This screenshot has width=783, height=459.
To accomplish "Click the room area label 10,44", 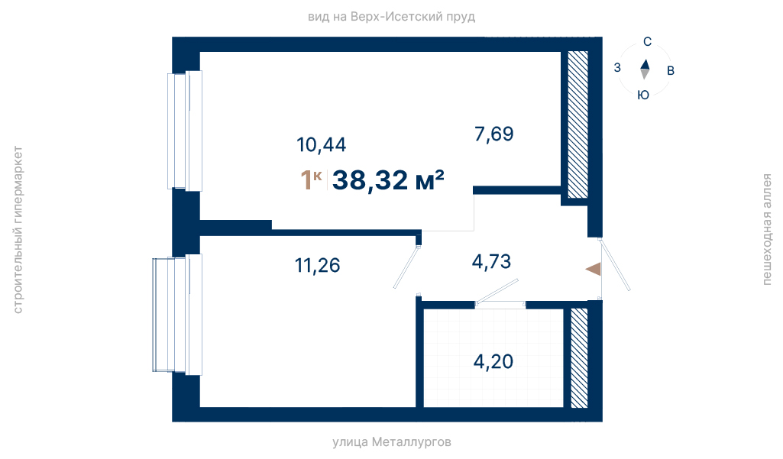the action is tap(321, 145).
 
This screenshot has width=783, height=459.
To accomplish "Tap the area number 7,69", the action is tap(494, 134).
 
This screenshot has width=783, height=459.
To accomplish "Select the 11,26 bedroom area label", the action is tap(318, 265).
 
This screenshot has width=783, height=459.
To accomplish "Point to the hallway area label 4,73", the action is tap(491, 261).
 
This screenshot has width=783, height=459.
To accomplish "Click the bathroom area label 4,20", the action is tap(493, 361).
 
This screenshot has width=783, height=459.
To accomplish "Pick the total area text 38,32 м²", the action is tap(388, 179).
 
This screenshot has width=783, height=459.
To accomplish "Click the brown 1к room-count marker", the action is tap(311, 179).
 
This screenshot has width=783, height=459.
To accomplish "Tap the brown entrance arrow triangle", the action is tap(594, 269).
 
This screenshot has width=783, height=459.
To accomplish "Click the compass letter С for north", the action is tap(647, 42).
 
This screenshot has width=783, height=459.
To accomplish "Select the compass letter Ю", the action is tap(643, 95).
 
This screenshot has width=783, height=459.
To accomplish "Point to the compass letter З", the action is tap(617, 67).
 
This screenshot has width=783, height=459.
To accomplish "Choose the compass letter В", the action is tap(671, 71).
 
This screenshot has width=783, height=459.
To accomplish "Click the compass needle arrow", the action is tap(645, 69).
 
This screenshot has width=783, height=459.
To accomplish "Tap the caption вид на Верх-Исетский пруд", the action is tap(391, 17).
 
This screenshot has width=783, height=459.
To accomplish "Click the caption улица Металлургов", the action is tap(392, 442).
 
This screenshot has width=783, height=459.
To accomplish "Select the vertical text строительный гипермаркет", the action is tap(18, 230).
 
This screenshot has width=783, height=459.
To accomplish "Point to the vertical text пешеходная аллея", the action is tap(766, 229).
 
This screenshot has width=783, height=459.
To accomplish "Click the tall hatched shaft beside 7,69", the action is tap(578, 124).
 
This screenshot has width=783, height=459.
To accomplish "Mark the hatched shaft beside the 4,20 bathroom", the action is tap(579, 357).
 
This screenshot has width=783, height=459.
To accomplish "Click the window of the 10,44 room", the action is tap(185, 131).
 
